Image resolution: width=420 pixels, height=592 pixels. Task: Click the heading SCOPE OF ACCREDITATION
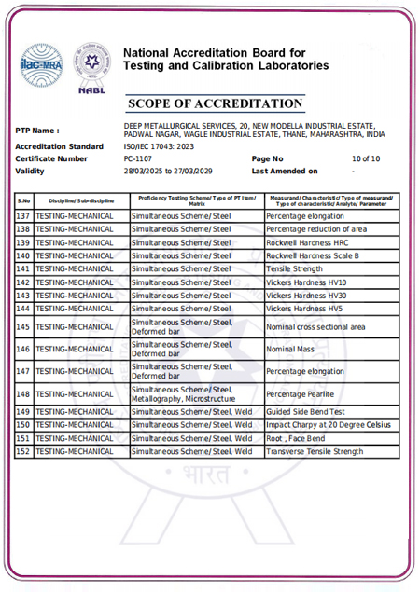click(x=215, y=103)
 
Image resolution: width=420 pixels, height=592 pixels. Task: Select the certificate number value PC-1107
click(x=139, y=158)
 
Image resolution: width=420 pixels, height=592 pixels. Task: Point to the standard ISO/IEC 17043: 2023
click(x=160, y=146)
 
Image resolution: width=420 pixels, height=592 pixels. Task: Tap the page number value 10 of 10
click(x=365, y=158)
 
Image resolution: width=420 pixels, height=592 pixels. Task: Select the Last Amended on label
click(x=285, y=171)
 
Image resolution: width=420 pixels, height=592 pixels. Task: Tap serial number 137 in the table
click(x=23, y=216)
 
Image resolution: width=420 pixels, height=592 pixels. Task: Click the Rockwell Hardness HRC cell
click(x=304, y=242)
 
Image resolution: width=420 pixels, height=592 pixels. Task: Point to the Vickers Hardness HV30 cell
click(x=306, y=295)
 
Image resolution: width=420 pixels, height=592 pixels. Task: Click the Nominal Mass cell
click(x=292, y=349)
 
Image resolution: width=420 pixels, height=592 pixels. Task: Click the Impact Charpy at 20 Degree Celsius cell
click(x=328, y=424)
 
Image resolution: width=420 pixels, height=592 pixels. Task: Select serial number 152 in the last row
click(x=23, y=451)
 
